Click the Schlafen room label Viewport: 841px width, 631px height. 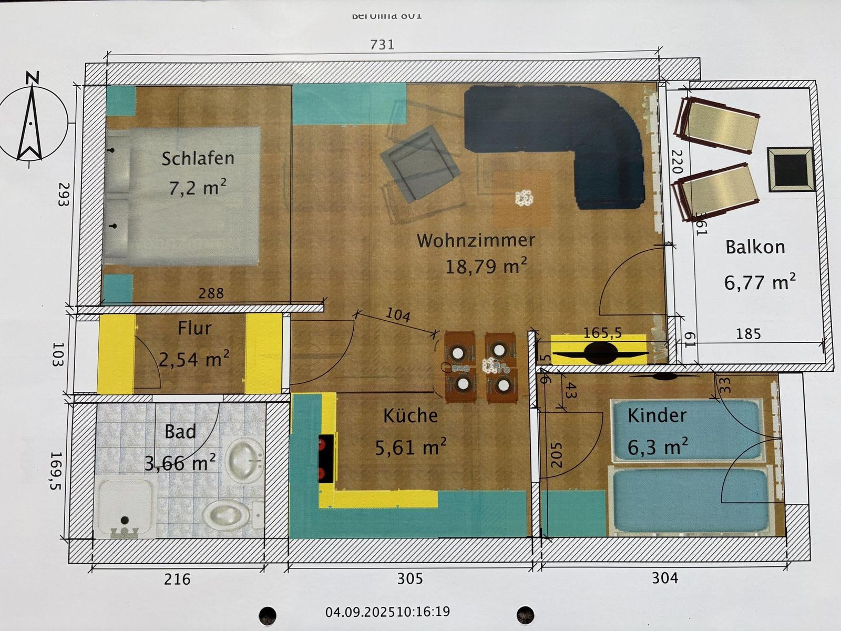(198, 158)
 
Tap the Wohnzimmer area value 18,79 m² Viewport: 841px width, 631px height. (486, 266)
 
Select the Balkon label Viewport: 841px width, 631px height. (755, 247)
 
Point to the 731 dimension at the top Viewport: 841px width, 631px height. (382, 45)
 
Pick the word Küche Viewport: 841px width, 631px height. (411, 416)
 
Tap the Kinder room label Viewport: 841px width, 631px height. (657, 416)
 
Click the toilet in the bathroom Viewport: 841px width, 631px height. (226, 515)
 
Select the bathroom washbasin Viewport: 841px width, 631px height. (244, 460)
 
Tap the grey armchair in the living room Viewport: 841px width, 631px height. (419, 163)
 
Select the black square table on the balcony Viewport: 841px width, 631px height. (790, 168)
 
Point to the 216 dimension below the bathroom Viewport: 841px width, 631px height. (177, 579)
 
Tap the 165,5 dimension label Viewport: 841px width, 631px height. (602, 333)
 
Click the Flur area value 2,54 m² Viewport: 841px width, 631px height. (194, 360)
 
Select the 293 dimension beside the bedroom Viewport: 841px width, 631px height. (64, 194)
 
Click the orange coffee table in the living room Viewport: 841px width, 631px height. (522, 198)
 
